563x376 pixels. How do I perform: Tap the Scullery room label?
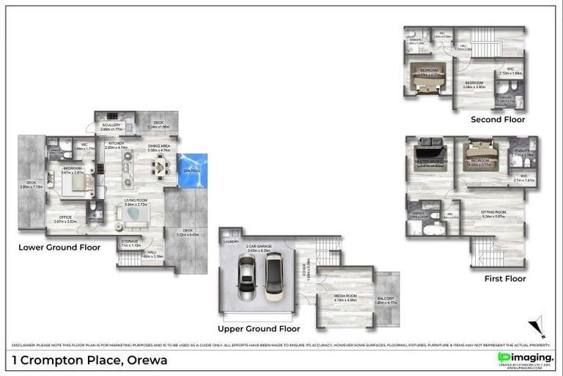click(111, 126)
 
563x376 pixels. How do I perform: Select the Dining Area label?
click(159, 146)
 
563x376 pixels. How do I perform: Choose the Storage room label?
click(130, 240)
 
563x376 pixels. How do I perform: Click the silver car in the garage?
click(246, 283)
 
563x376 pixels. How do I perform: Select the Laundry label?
click(230, 241)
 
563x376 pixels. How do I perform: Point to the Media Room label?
click(345, 296)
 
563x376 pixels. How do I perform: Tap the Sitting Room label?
click(495, 212)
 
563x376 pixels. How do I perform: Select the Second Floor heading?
click(498, 119)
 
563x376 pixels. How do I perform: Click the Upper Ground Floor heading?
click(259, 328)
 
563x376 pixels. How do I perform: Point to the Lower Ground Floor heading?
click(59, 247)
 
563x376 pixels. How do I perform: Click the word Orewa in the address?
click(147, 360)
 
